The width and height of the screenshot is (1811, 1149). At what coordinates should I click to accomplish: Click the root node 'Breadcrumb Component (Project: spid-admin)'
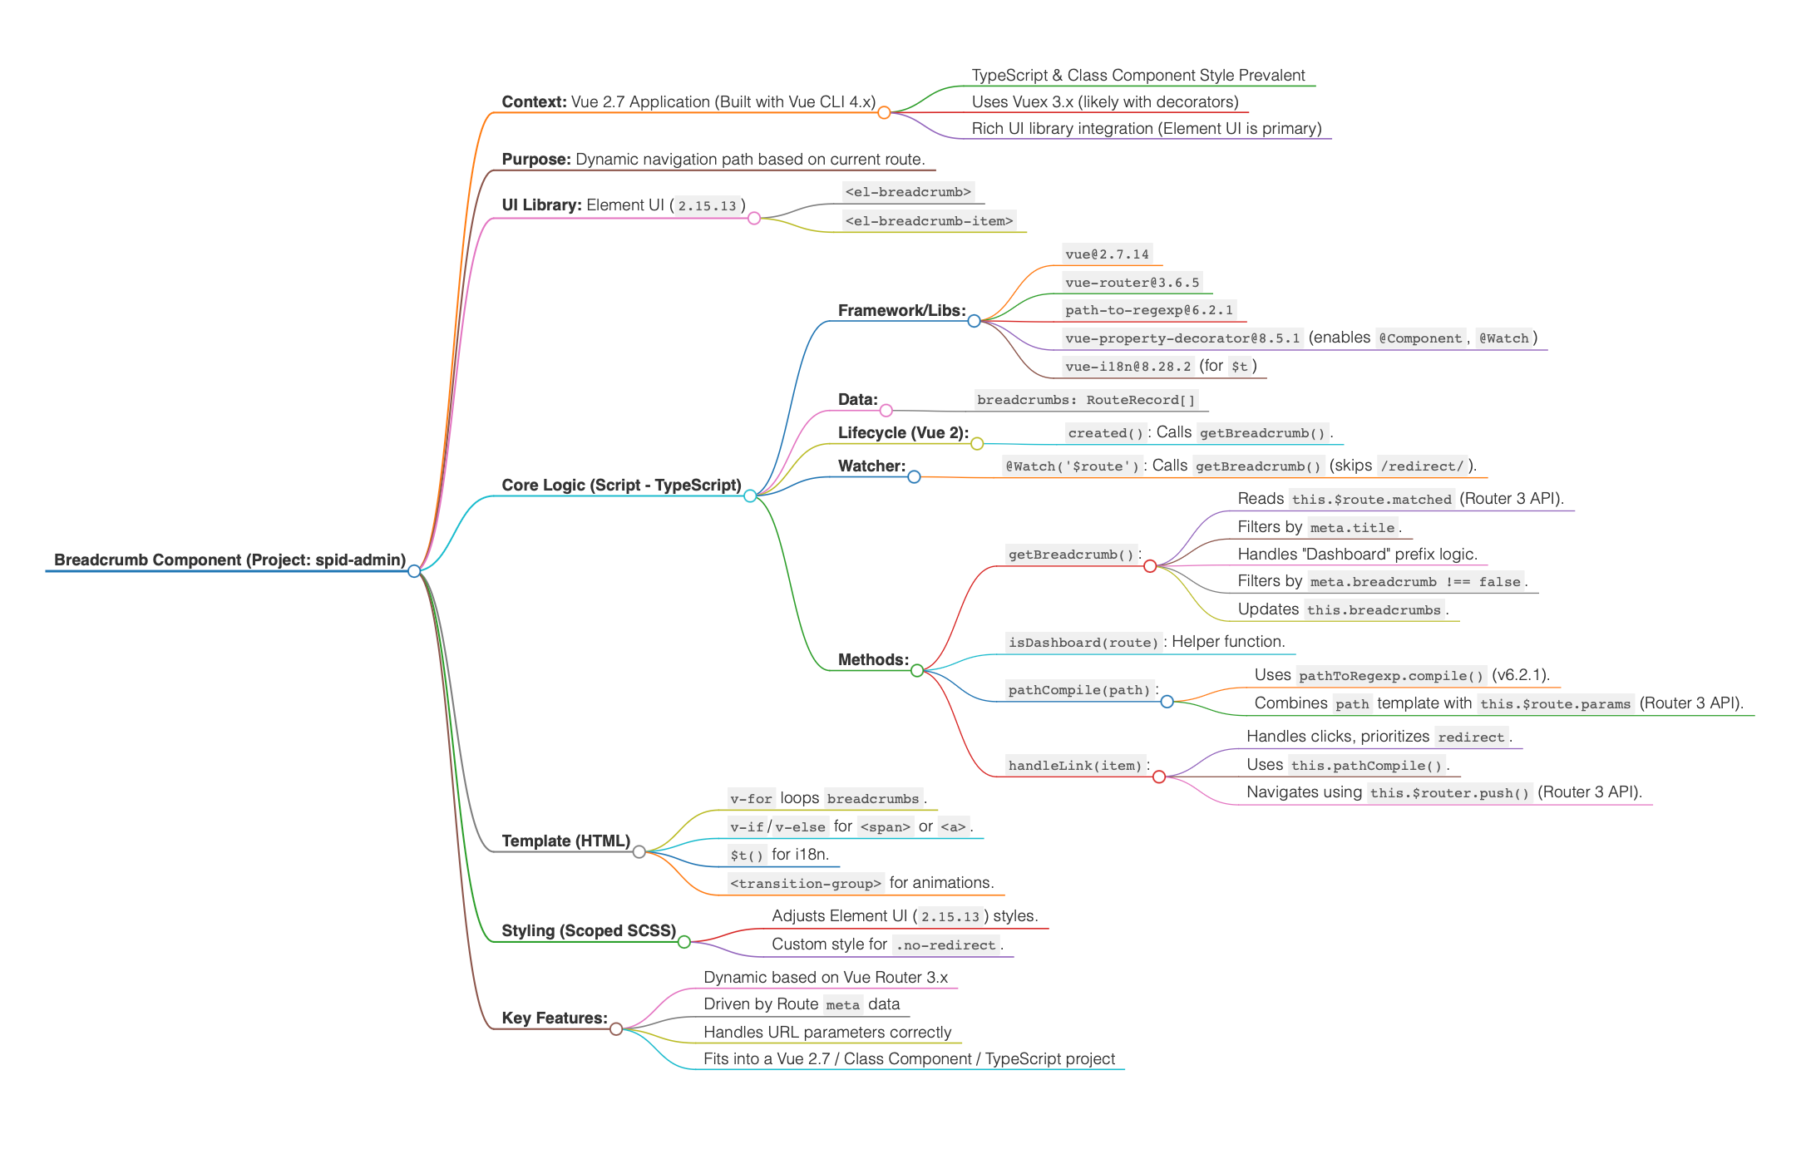229,560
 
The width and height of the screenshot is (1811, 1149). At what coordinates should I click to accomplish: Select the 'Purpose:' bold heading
536,159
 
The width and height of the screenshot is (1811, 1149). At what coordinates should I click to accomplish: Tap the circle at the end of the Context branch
884,112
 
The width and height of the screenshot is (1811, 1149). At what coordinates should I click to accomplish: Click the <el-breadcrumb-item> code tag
929,220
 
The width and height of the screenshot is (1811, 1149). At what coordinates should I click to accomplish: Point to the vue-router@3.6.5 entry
1132,283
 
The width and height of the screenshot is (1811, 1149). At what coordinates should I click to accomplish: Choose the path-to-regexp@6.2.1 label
1148,310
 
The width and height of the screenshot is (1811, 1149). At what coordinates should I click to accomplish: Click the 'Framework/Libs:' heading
901,310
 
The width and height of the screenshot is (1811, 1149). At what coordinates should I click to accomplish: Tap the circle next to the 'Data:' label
886,410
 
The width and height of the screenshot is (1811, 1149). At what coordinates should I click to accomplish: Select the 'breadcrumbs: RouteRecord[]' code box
1086,400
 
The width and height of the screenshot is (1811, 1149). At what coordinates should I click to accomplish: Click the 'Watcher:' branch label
871,466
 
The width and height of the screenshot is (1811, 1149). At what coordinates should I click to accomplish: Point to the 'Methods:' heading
873,659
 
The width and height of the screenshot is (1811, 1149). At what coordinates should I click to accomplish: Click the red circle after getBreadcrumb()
1150,566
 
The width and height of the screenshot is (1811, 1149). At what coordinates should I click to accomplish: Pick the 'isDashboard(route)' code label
1083,642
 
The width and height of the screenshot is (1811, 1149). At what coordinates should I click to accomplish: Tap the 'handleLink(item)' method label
1074,765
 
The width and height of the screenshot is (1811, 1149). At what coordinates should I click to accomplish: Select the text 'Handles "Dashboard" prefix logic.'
1357,554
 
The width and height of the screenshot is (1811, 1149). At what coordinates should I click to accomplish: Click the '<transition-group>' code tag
805,883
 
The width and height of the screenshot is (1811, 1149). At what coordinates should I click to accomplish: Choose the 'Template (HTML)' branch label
565,841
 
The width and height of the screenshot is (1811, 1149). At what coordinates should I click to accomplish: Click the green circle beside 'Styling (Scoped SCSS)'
684,942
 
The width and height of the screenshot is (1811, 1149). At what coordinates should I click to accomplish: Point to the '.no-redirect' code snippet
945,944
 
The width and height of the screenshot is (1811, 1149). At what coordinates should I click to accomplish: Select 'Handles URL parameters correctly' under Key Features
827,1032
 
